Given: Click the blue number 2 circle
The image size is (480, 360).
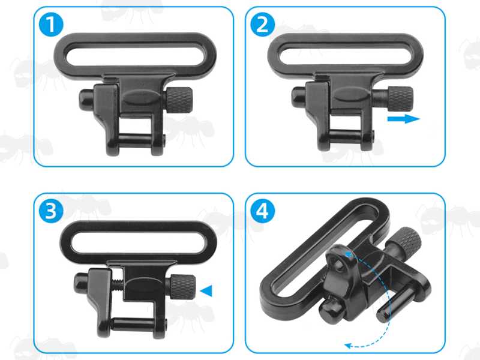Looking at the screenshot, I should (x=264, y=25).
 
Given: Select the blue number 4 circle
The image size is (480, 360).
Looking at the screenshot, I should (x=264, y=211).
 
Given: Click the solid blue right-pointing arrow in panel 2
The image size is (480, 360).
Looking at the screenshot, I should (x=403, y=119).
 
